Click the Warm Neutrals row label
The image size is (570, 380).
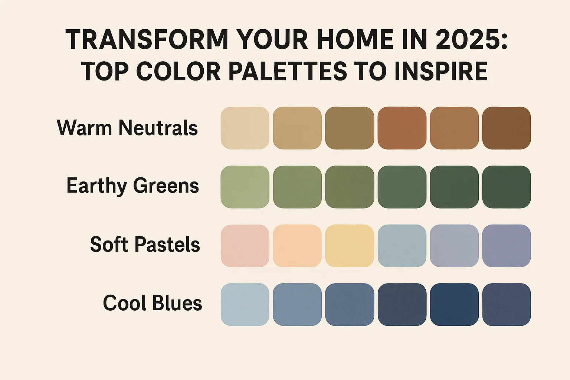(127, 128)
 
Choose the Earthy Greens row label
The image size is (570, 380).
(132, 186)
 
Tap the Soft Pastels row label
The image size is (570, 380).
(145, 245)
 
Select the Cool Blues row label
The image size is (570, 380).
(152, 303)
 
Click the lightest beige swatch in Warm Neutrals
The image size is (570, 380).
(245, 128)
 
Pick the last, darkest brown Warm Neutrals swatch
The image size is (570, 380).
(507, 128)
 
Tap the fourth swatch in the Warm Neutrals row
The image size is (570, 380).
(402, 128)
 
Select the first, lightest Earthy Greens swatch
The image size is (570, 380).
(245, 187)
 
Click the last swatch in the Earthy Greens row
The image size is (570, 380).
(507, 187)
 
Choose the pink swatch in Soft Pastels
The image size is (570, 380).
(245, 246)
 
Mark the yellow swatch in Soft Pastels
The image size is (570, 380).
(350, 246)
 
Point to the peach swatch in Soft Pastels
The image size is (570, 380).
(297, 246)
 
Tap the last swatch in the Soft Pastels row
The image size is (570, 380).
(507, 246)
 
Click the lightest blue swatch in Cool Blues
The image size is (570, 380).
(245, 304)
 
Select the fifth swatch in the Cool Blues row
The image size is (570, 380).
(454, 304)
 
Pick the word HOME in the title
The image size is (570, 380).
(351, 40)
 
